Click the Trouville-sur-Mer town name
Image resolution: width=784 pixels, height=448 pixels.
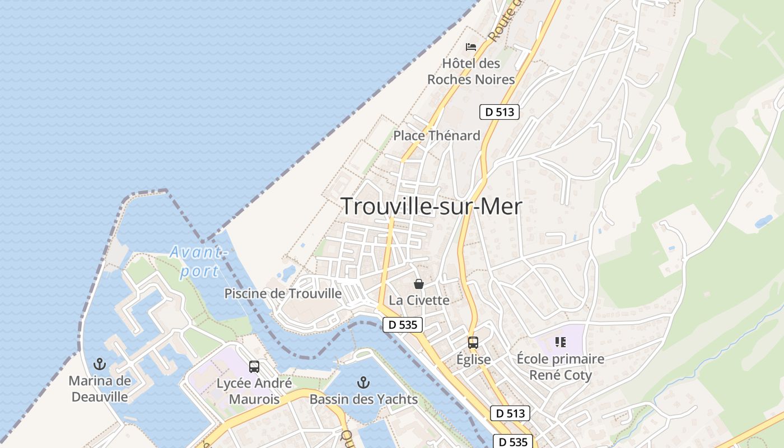pos(431,207)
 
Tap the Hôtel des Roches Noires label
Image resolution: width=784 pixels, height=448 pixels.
pos(471,72)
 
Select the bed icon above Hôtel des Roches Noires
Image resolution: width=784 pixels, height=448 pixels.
pos(471,46)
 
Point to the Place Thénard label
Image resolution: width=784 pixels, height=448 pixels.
pos(437,136)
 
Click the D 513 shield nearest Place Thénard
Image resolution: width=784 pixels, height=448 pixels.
pos(500,112)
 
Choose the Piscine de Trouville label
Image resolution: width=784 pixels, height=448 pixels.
pos(283,293)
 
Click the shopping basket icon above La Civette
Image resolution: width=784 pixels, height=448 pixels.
pos(419,284)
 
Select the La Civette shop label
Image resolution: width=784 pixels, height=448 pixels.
pos(419,300)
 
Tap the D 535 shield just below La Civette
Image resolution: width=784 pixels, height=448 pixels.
pos(403,324)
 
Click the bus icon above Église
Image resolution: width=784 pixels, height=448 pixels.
pos(473,342)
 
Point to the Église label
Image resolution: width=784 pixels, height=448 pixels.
pos(473,360)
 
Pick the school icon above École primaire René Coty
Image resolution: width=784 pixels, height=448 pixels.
pos(561,342)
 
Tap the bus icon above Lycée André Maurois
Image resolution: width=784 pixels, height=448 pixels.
pos(254,367)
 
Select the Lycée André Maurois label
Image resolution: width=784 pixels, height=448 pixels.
pos(254,391)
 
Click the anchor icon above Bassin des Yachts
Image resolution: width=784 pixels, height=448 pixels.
pos(364,382)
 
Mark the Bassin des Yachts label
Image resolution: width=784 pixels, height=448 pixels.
pos(364,399)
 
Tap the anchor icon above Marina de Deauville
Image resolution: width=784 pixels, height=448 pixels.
pos(100,365)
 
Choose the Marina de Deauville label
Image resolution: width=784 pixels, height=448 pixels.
pos(100,389)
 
